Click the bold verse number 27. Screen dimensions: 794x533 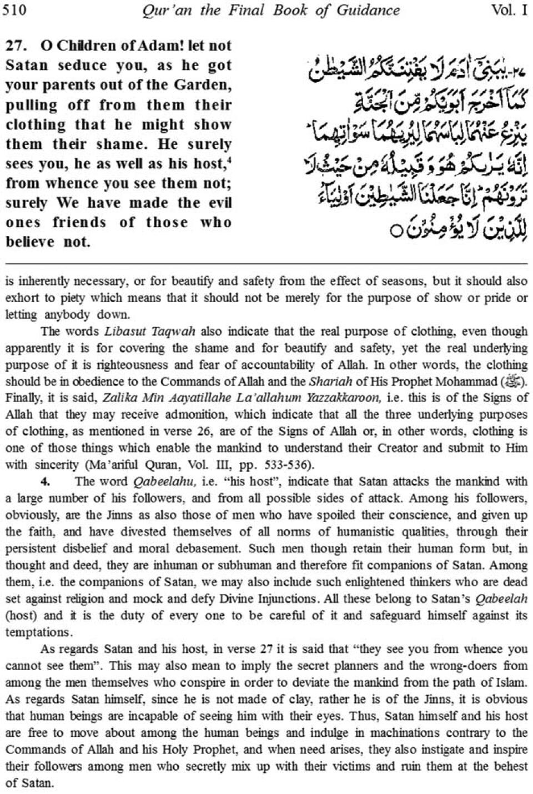(17, 46)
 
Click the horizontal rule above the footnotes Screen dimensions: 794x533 (266, 262)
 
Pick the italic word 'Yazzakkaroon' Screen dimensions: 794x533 (344, 399)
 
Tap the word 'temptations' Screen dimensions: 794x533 (38, 632)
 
